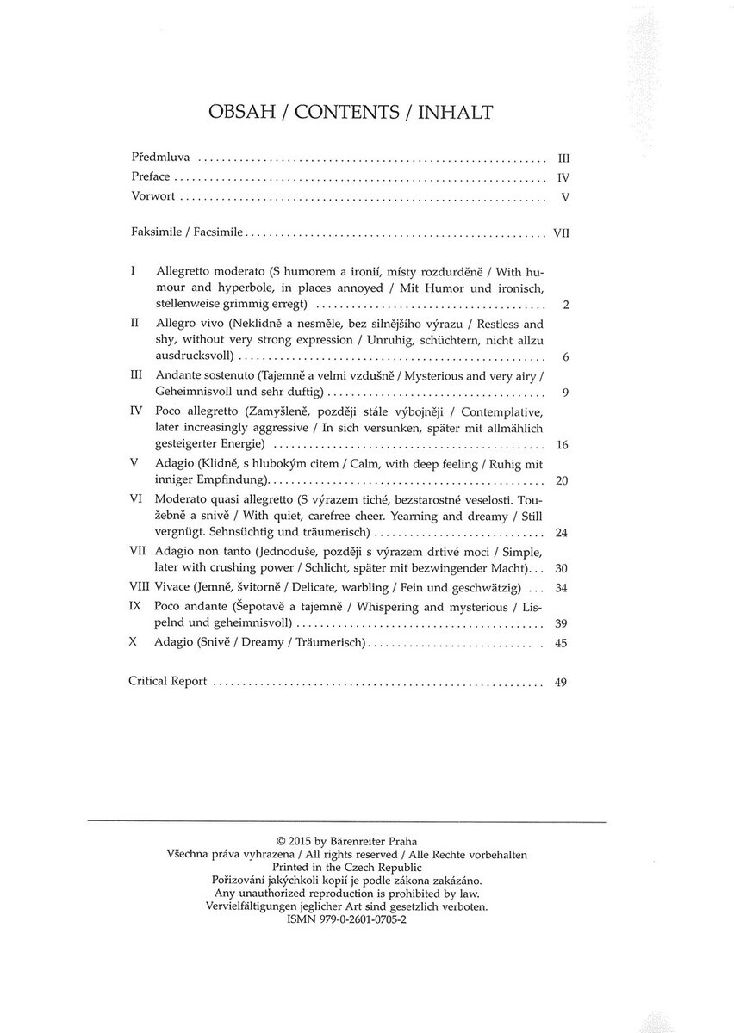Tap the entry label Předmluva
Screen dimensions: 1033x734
point(160,159)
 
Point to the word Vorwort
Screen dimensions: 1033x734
point(153,196)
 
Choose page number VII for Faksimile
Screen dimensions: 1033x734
point(563,232)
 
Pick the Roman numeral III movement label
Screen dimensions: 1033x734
point(135,375)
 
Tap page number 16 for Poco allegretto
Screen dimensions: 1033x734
point(563,445)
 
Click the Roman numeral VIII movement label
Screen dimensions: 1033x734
point(139,588)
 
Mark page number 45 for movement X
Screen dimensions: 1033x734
point(563,642)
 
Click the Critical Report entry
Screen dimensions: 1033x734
point(167,681)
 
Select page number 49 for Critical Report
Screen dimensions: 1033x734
point(562,682)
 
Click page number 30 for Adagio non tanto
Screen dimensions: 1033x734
point(563,569)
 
